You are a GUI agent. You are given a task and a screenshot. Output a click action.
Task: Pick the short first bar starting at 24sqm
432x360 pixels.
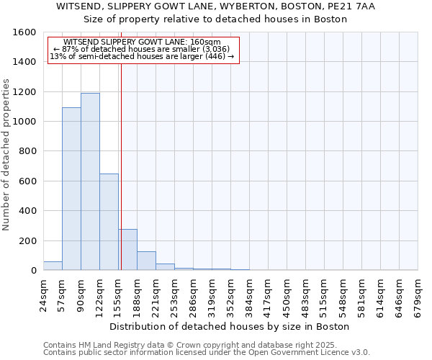[x=53, y=266]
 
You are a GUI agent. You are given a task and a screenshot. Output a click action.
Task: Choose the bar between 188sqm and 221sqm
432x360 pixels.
[x=146, y=261]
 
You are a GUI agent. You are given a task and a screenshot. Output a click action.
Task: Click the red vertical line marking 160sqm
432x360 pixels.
[x=121, y=166]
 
